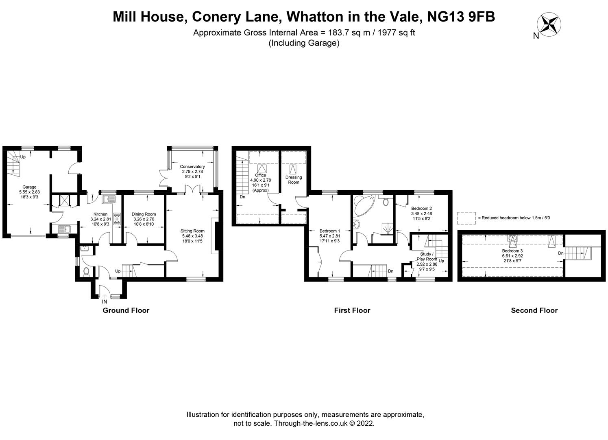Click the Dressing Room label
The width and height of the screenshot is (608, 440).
tap(294, 180)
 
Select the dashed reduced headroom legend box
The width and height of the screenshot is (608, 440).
tap(466, 218)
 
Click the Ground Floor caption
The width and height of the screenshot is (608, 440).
tap(126, 310)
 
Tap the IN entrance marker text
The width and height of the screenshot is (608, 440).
tap(105, 302)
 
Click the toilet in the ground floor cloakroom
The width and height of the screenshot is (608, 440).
tap(86, 271)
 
